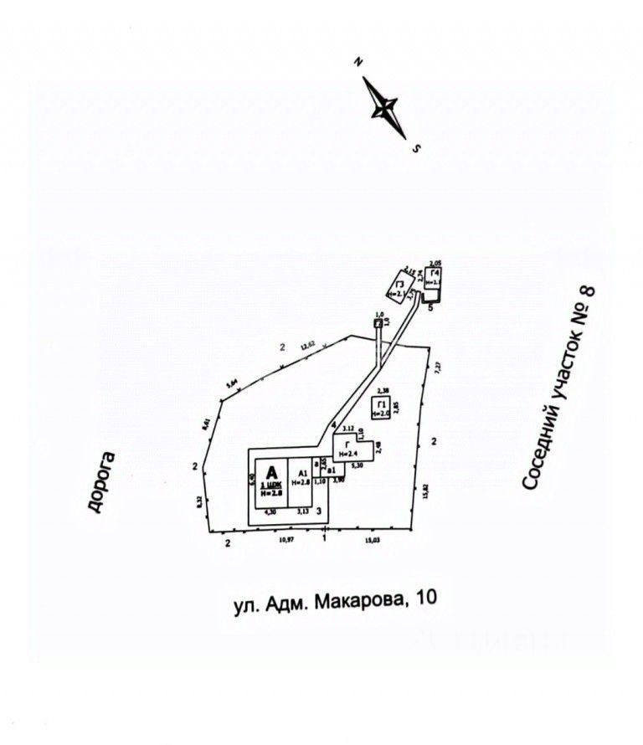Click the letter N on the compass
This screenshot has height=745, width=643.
[358, 62]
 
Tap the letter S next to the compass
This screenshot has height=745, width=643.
[416, 149]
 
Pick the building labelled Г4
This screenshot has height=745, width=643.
[433, 280]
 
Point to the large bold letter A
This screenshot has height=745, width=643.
[270, 472]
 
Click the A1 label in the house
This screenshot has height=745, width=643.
[301, 473]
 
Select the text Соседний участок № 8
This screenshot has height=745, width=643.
[559, 387]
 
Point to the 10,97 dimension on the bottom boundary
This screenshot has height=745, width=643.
[286, 541]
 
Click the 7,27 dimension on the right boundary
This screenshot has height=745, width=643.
[436, 367]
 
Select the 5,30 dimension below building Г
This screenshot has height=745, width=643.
[356, 465]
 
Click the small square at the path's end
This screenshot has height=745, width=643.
[378, 322]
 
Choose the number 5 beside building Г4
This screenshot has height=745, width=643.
[430, 308]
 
